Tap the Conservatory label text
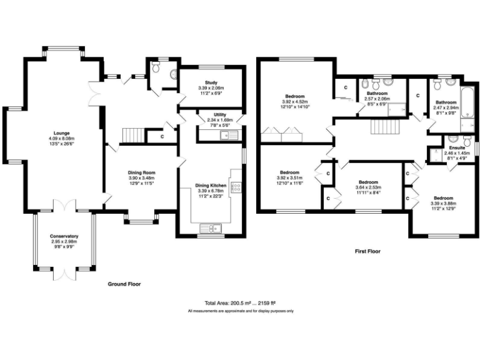(x=64, y=236)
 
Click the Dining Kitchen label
(x=210, y=186)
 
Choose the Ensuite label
(x=457, y=148)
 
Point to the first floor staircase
(x=382, y=127)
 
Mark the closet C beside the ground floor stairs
(x=162, y=136)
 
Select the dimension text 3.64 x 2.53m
(x=366, y=187)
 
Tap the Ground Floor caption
(x=123, y=284)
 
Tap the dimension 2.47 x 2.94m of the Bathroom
(x=446, y=107)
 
